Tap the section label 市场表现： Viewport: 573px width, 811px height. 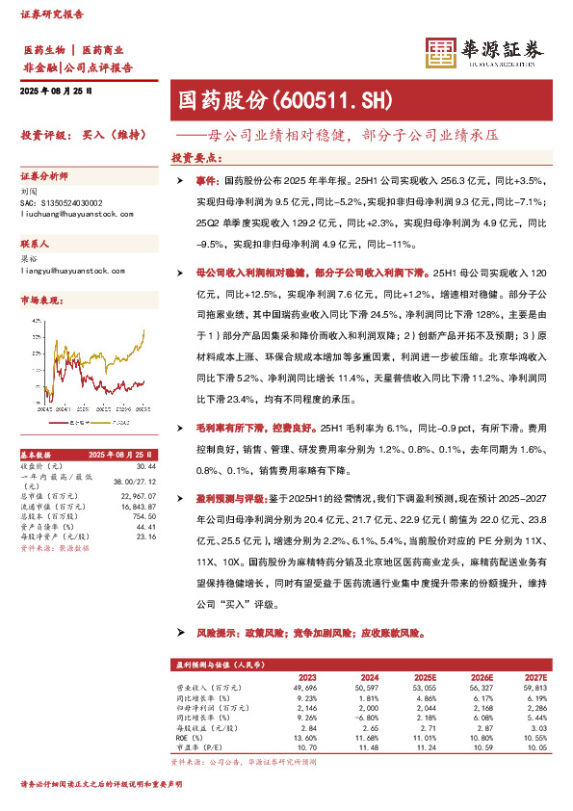pyautogui.click(x=41, y=301)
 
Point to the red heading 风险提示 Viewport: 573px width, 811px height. pyautogui.click(x=202, y=635)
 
